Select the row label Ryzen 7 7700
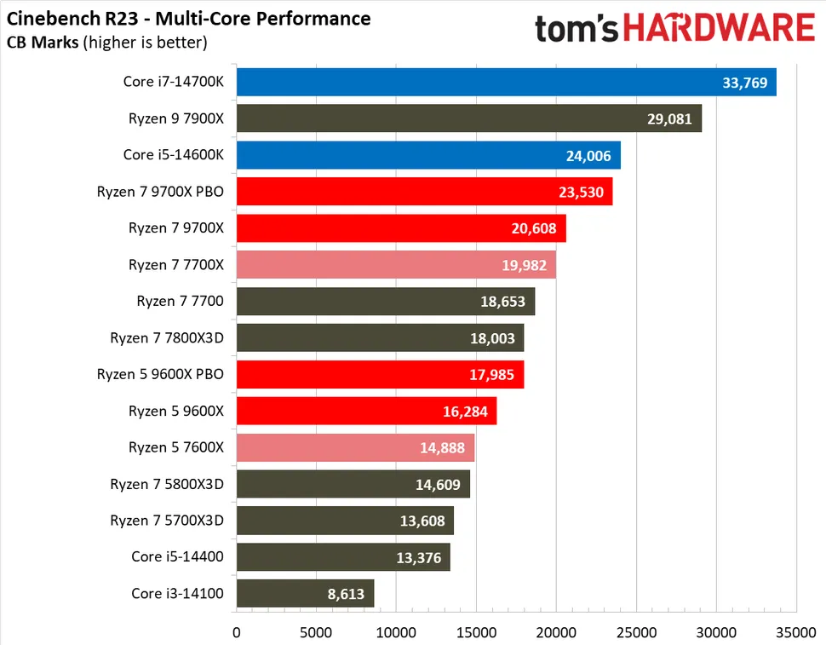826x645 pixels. tap(180, 302)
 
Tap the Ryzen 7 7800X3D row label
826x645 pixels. tap(167, 338)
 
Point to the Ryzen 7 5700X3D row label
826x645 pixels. tap(167, 521)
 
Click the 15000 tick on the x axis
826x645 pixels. tap(476, 633)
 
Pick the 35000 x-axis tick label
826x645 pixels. tap(795, 633)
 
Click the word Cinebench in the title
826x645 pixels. tap(50, 18)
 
